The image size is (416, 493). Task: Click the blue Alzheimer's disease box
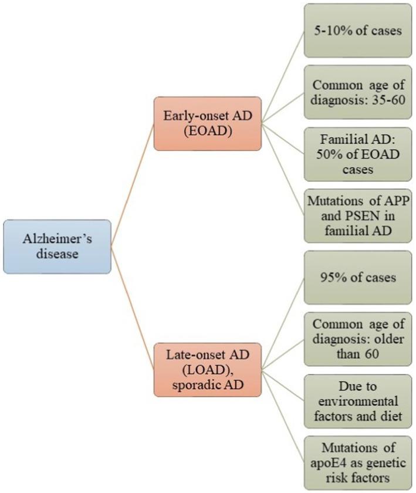(57, 246)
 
